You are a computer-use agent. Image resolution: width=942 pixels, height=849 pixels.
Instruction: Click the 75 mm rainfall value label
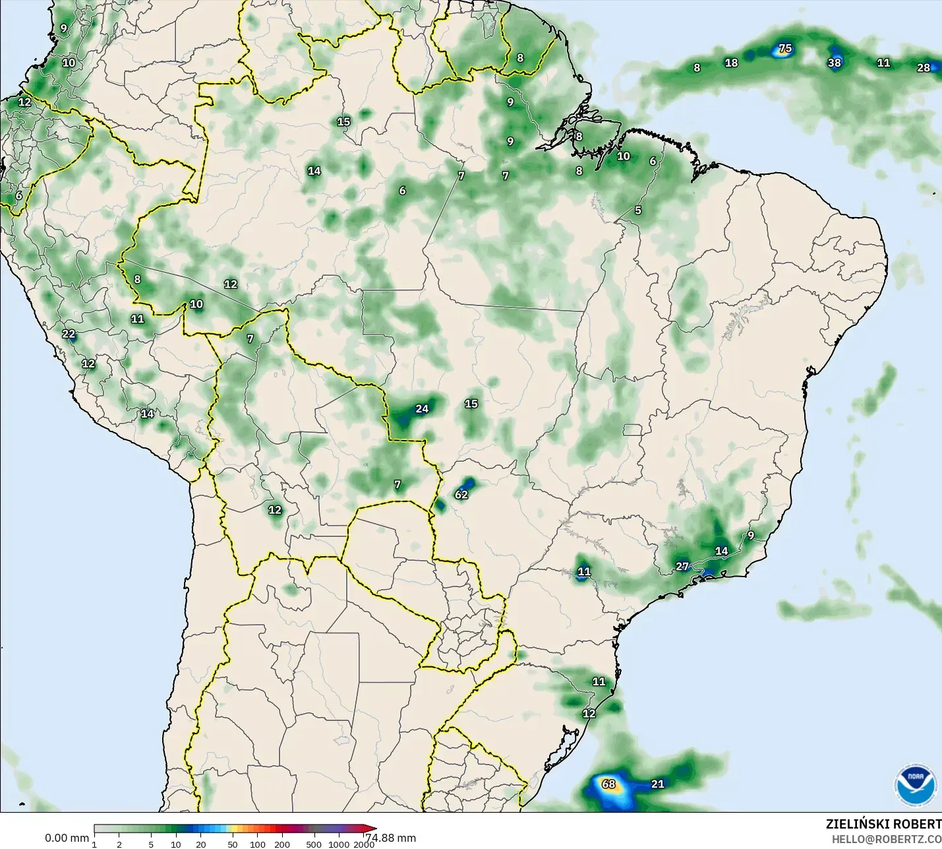785,48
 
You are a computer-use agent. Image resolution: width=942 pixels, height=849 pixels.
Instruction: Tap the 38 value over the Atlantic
835,63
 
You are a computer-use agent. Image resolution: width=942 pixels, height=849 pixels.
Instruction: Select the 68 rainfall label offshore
608,784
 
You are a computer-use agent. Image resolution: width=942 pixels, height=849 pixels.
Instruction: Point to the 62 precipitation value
461,494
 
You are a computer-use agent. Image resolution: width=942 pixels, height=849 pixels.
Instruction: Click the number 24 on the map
422,409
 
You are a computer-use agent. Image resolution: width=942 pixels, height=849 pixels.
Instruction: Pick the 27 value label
682,566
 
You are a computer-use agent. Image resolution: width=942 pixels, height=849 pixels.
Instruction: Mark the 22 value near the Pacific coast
69,334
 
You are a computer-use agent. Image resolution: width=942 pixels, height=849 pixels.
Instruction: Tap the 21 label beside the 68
658,784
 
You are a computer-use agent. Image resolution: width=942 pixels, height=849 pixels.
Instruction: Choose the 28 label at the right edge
924,67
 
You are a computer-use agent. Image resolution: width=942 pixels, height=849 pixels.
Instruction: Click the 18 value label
731,63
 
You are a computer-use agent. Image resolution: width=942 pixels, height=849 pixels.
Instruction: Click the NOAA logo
915,785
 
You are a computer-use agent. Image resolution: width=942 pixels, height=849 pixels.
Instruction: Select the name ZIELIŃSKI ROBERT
883,824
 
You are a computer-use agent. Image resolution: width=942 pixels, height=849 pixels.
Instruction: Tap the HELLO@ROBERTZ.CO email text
886,839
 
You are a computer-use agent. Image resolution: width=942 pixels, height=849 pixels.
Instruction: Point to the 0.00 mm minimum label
67,838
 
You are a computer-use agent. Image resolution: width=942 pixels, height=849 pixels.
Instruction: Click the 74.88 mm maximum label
391,838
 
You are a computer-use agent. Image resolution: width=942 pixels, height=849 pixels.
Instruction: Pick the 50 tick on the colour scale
233,844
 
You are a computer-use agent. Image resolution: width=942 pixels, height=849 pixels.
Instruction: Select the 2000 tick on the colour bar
363,844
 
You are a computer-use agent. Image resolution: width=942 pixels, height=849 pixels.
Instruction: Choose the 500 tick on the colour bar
314,844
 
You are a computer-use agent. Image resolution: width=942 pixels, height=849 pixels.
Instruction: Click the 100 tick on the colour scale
258,844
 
